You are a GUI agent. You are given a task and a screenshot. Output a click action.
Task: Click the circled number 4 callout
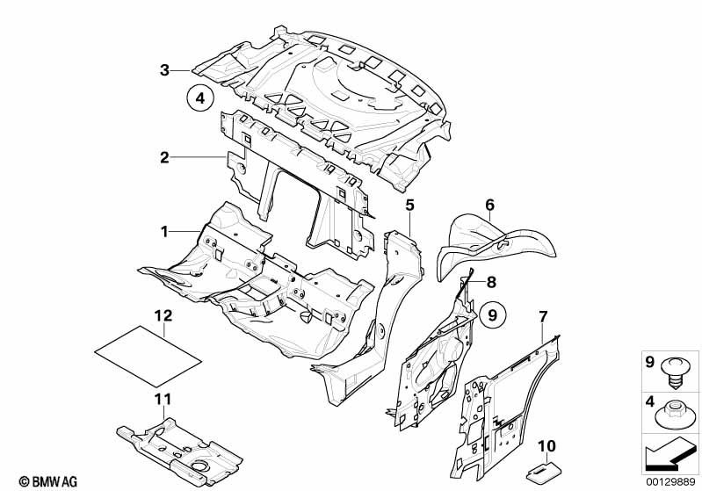[200, 97]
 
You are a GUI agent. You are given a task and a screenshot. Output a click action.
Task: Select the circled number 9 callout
[493, 315]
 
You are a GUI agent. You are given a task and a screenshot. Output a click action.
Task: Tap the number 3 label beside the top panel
[165, 70]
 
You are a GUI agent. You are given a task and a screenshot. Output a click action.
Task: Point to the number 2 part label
[165, 157]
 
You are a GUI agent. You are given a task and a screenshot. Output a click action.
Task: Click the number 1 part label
[165, 231]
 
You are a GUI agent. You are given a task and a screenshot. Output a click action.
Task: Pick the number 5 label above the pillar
[410, 206]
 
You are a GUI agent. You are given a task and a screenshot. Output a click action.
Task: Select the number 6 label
[490, 205]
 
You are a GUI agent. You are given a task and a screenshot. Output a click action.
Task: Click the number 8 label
[491, 282]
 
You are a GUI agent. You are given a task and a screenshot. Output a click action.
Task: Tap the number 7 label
[543, 317]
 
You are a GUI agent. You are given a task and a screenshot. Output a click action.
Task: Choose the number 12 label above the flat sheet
[163, 315]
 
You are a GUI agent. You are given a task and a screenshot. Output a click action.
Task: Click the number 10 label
[546, 446]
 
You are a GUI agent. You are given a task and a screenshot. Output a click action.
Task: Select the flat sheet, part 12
[149, 356]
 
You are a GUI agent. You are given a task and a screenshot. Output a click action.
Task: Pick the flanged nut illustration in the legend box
[676, 413]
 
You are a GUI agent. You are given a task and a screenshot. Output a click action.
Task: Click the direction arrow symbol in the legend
[669, 456]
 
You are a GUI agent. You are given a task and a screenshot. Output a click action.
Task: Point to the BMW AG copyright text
[48, 481]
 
